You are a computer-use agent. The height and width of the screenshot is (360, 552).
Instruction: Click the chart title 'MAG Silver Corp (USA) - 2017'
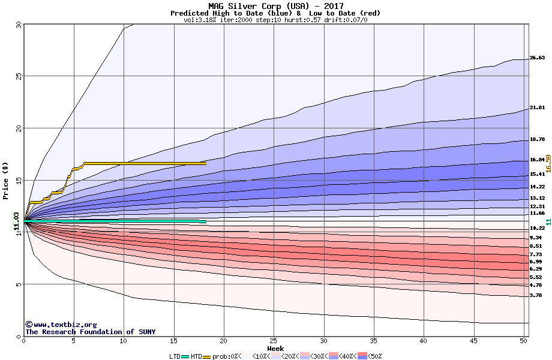pos(276,6)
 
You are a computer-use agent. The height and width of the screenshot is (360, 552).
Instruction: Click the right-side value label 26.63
pos(537,58)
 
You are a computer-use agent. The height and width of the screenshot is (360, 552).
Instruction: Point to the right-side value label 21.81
pos(537,108)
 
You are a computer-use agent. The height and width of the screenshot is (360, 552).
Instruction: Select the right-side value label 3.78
pos(536,295)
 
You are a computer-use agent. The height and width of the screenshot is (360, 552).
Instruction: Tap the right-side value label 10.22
pos(537,228)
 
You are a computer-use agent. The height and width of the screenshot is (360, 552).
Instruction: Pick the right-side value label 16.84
pos(537,160)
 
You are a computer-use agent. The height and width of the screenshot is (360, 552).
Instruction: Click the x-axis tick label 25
pos(274,341)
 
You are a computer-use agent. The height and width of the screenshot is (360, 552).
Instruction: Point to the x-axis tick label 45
pos(474,341)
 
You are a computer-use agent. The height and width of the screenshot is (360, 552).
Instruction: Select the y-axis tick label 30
pos(19,25)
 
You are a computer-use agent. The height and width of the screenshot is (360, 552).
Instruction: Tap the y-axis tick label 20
pos(19,128)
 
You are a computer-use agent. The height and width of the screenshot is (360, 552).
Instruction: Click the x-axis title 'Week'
pos(275,348)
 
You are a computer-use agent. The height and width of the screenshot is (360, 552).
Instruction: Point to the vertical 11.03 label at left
pos(16,221)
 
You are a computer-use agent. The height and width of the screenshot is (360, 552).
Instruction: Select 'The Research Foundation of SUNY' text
pos(90,332)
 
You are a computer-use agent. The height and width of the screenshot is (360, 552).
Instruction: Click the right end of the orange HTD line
pos(205,163)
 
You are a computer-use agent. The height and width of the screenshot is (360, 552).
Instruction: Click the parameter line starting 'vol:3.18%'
pos(275,20)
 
